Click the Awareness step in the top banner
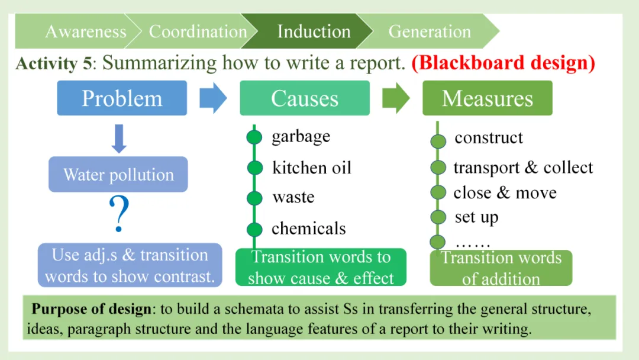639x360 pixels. (x=85, y=31)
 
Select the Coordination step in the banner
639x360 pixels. (x=198, y=31)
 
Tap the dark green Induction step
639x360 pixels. (x=314, y=31)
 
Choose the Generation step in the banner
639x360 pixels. (x=430, y=31)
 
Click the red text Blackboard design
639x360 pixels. (x=503, y=62)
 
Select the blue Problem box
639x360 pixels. (x=122, y=98)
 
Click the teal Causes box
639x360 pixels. (x=305, y=98)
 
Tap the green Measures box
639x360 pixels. (x=488, y=98)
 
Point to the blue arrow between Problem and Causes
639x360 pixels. (x=213, y=98)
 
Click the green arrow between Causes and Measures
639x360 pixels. (x=396, y=98)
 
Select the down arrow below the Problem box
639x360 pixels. (x=120, y=139)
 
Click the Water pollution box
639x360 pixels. (x=118, y=175)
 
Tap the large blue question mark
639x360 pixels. (x=120, y=215)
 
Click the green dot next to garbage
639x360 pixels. (x=254, y=137)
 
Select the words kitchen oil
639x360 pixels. (x=311, y=168)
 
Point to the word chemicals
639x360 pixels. (x=308, y=228)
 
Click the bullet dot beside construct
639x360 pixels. (x=438, y=141)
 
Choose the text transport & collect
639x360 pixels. (x=523, y=168)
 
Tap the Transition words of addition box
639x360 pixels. (x=501, y=268)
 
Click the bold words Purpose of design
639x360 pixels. (x=89, y=309)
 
